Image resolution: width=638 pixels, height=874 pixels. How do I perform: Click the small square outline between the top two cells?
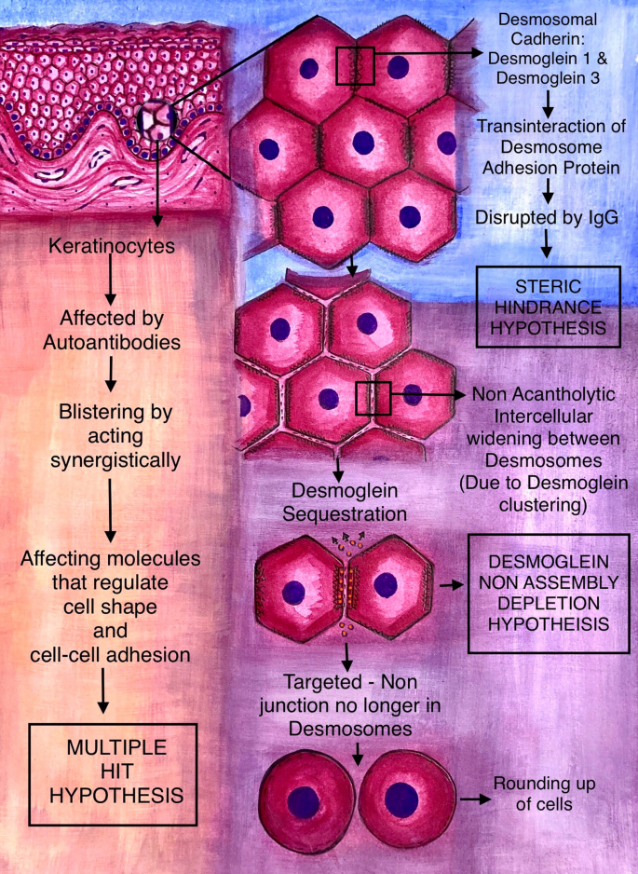tap(355, 66)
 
